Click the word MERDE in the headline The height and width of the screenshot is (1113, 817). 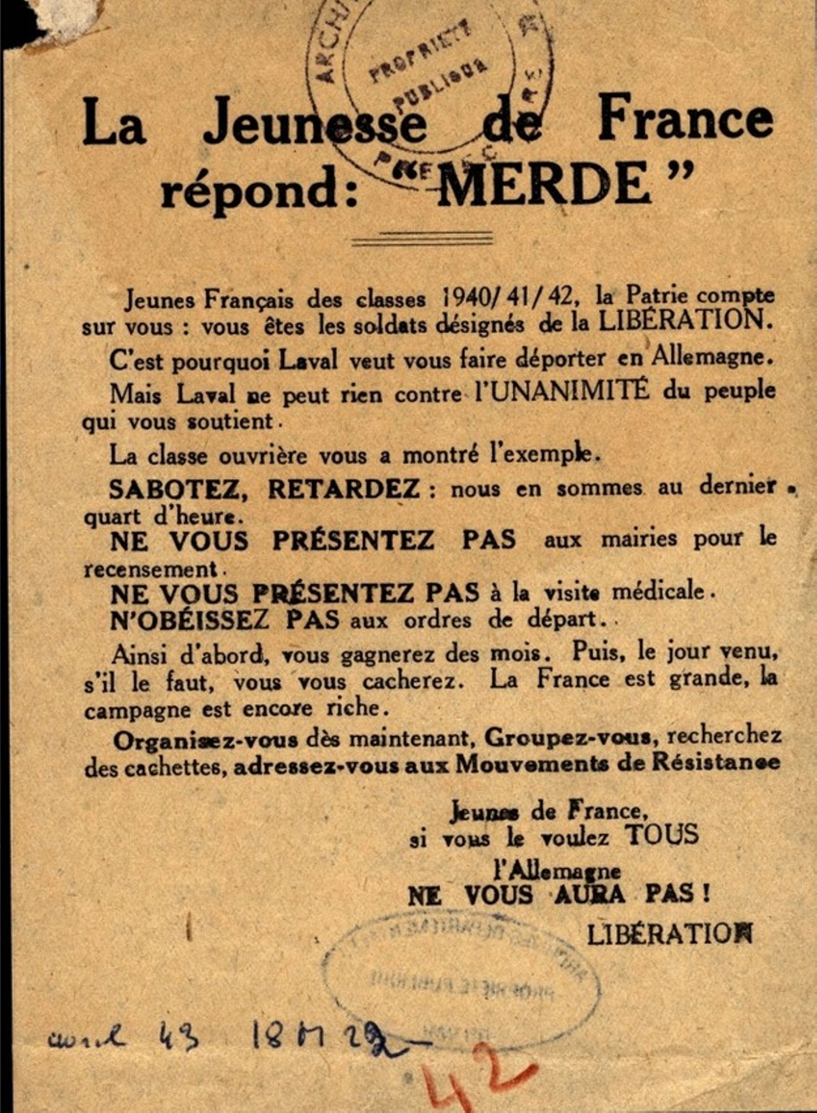(542, 184)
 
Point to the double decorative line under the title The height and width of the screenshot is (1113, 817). (423, 239)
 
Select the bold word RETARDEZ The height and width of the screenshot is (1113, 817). (344, 489)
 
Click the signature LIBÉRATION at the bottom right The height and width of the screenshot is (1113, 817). (669, 935)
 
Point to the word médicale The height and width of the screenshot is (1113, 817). (659, 591)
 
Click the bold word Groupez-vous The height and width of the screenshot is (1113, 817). (567, 738)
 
